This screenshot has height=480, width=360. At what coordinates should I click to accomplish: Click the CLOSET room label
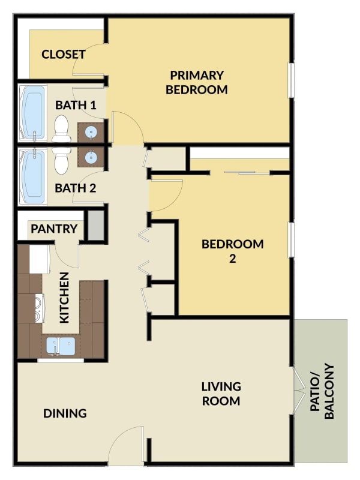pos(64,55)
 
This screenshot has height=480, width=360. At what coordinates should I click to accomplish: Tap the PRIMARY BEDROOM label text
pos(197,83)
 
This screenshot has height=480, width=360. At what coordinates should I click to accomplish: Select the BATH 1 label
pos(76,106)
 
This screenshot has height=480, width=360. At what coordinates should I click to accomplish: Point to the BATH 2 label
pos(76,188)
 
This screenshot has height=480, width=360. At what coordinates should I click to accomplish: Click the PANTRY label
pos(54,229)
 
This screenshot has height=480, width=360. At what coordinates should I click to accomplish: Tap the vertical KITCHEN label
pos(65,298)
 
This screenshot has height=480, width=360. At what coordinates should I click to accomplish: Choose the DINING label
pos(65,413)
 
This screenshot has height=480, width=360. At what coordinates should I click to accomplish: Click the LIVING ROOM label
pos(221,394)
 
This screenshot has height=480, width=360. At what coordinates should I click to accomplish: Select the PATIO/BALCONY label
pos(322,391)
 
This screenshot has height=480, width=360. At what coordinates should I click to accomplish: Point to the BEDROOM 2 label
pos(233,251)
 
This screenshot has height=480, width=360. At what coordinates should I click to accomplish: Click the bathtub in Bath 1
pos(32,113)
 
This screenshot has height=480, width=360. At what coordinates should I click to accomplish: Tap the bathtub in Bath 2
pos(32,176)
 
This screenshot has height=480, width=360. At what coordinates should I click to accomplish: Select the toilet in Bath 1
pos(62,128)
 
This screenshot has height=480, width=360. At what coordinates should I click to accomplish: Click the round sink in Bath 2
pos(91,157)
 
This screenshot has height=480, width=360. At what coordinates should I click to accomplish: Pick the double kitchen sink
pos(61,346)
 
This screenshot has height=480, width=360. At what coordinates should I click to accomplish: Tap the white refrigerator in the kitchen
pos(40,259)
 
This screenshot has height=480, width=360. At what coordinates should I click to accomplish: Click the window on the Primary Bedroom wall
pos(292,80)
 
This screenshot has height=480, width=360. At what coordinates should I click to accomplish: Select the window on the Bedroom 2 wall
pos(292,239)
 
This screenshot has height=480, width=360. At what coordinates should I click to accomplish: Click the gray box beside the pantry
pos(96,226)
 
